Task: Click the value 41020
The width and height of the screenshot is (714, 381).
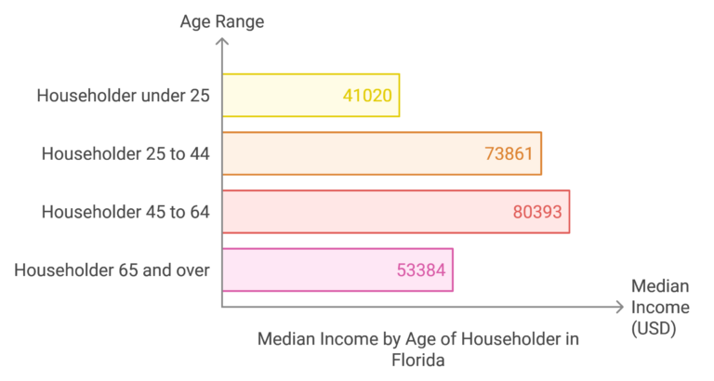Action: (x=366, y=95)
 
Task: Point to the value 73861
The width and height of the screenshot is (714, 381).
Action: (x=509, y=153)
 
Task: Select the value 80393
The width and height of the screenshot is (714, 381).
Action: (x=536, y=212)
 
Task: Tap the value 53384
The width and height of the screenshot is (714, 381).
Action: (x=420, y=270)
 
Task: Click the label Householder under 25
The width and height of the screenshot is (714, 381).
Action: (x=124, y=95)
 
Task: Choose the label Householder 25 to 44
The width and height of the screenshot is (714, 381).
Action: (x=126, y=153)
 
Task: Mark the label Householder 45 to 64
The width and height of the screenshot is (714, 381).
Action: (x=126, y=212)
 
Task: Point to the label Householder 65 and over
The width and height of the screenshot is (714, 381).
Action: (x=112, y=270)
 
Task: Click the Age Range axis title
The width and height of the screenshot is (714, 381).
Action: (x=221, y=20)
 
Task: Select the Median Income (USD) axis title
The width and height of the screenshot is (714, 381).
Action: (x=660, y=308)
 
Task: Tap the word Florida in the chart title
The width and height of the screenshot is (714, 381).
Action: (x=417, y=361)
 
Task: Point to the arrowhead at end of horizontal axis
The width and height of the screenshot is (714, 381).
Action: (x=619, y=307)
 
